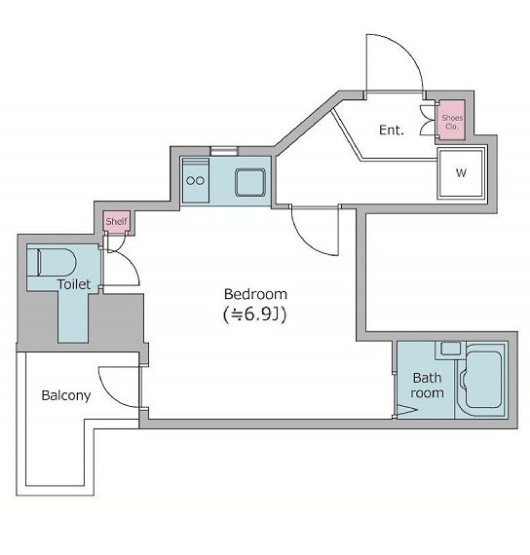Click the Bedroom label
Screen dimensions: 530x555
point(255,294)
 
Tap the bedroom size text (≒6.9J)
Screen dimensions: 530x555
point(254,314)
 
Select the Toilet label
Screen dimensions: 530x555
point(74,284)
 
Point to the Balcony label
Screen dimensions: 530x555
point(66,395)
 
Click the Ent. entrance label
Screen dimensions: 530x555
point(392,129)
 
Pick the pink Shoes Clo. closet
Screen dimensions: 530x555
point(452,120)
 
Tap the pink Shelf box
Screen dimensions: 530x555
point(117,222)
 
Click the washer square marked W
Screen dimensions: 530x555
point(461,173)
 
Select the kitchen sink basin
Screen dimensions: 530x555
point(250,182)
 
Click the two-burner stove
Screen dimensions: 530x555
point(195,180)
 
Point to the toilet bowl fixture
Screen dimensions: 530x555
point(52,262)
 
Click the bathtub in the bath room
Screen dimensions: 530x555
point(483,380)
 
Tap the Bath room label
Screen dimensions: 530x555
point(428,386)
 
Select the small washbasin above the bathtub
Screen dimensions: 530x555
point(451,349)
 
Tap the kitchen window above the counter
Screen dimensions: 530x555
point(224,151)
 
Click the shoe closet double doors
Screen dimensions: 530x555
point(428,121)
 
